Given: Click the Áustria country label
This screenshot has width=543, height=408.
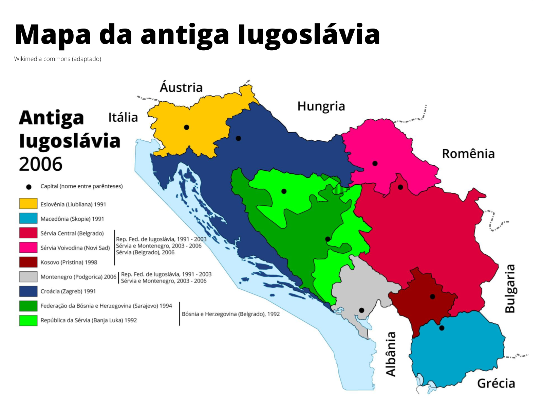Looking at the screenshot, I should [181, 87].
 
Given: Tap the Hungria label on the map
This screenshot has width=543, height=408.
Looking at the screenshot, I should [321, 106].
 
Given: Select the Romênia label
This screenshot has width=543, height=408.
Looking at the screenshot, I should [468, 154].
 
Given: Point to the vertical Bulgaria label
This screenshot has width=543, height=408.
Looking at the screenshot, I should [510, 288].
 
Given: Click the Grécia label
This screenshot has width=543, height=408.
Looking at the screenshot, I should [496, 384].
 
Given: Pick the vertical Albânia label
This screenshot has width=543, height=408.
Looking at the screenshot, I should [391, 354].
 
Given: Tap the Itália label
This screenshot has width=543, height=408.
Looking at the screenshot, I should [123, 118].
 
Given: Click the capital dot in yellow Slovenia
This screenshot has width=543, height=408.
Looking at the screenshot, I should [186, 127].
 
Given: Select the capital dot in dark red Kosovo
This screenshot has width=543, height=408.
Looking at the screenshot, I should [432, 296].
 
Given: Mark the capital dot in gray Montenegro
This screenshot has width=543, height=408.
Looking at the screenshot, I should [361, 310].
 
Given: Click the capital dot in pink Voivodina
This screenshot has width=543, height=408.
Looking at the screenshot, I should [375, 163].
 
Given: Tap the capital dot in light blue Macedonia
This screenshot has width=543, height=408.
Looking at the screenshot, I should [442, 328].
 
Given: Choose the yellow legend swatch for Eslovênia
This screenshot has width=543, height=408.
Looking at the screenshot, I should [28, 204].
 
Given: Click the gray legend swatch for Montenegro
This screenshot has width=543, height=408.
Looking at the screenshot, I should [28, 276].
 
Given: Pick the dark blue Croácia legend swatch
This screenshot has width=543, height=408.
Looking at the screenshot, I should [28, 291].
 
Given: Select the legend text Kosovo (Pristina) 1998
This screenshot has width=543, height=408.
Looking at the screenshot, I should [69, 262].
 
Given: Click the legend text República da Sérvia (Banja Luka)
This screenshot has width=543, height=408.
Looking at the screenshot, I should [89, 320].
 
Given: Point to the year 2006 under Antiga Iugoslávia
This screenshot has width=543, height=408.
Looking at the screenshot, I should [41, 164].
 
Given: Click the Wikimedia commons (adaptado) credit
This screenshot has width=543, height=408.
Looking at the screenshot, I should [58, 59].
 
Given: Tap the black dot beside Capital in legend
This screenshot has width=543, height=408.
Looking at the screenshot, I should [29, 187].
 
